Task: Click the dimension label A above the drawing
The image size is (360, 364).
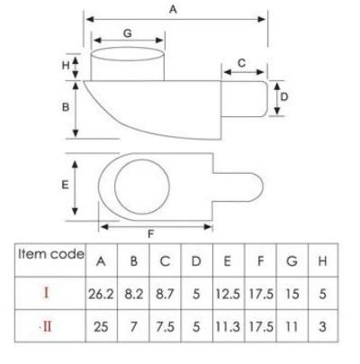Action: (173, 10)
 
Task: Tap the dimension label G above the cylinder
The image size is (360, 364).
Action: (128, 33)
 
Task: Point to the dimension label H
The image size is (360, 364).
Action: (66, 65)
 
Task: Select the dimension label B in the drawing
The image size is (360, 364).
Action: (66, 107)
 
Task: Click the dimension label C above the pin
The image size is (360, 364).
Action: (241, 63)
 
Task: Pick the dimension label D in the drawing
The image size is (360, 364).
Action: (283, 96)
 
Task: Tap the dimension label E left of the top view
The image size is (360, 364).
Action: (65, 185)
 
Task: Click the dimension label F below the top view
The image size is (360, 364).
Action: (151, 233)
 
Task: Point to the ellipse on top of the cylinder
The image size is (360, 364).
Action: (128, 48)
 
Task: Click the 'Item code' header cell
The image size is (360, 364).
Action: (51, 254)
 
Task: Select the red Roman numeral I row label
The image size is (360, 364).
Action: (46, 293)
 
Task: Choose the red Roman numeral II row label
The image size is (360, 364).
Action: (46, 326)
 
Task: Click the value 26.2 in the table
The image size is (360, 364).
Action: (101, 294)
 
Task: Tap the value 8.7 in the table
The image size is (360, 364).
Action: (165, 294)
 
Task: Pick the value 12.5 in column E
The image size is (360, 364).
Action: (228, 294)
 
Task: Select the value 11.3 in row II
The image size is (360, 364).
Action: (228, 327)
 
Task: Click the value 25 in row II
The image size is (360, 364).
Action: (101, 327)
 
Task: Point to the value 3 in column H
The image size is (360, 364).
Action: (322, 327)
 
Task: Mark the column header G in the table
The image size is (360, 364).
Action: (292, 261)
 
